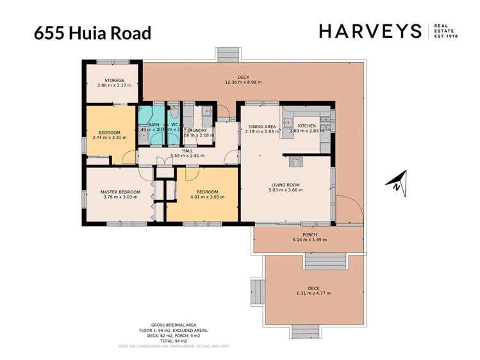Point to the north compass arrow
coord(397,182)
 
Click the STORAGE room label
coord(110,81)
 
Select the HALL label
coord(187,151)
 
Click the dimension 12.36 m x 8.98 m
coord(243,83)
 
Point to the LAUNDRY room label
coord(195,130)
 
